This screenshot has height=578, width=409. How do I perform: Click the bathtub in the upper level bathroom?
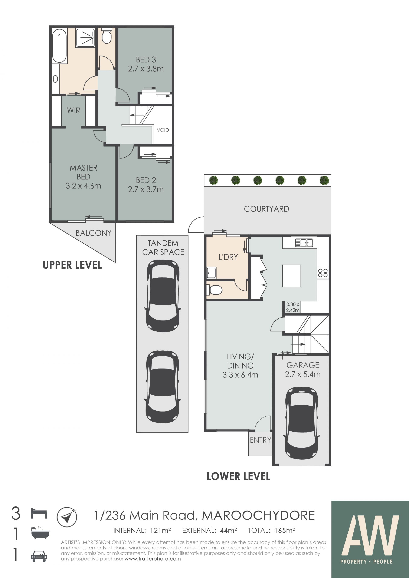pyautogui.click(x=59, y=46)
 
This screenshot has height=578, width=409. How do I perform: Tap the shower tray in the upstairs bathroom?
pyautogui.click(x=85, y=38)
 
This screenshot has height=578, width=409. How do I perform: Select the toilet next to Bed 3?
pyautogui.click(x=107, y=36)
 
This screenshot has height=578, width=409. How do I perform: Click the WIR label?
pyautogui.click(x=73, y=110)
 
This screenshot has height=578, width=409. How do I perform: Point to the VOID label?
pyautogui.click(x=163, y=130)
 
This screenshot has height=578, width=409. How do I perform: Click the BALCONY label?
pyautogui.click(x=94, y=233)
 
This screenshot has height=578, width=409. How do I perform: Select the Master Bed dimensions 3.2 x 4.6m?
pyautogui.click(x=83, y=186)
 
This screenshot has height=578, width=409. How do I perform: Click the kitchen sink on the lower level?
pyautogui.click(x=304, y=243)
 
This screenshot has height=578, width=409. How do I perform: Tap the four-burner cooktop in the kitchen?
pyautogui.click(x=323, y=273)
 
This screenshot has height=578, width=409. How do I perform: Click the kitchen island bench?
pyautogui.click(x=292, y=276)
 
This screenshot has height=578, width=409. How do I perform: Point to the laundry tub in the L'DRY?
pyautogui.click(x=211, y=273)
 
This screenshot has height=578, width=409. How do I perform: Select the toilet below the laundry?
pyautogui.click(x=214, y=290)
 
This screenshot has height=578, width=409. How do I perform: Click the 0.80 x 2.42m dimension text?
pyautogui.click(x=293, y=307)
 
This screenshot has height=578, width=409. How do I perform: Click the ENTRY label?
pyautogui.click(x=260, y=440)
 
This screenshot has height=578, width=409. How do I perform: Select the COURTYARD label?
pyautogui.click(x=266, y=209)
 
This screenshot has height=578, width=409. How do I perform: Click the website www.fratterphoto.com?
pyautogui.click(x=153, y=559)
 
